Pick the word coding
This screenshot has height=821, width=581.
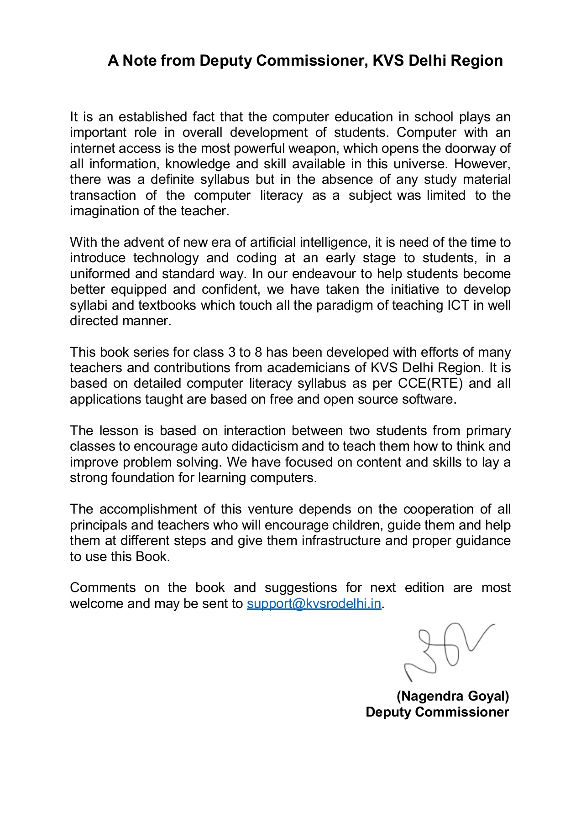[x=256, y=258]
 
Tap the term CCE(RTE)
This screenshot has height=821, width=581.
[x=430, y=384]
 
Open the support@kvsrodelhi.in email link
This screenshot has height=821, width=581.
[x=314, y=604]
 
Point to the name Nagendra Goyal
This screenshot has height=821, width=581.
[x=453, y=696]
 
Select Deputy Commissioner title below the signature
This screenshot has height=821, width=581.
[x=437, y=712]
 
